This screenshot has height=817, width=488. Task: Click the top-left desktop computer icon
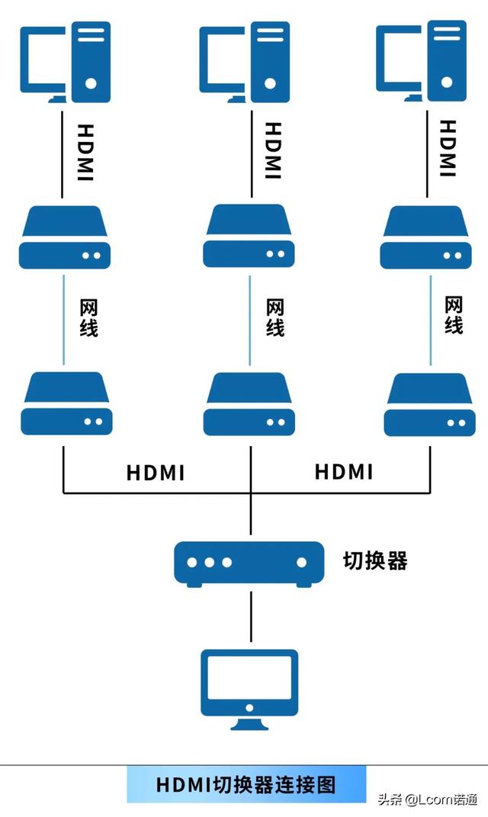pos(66,63)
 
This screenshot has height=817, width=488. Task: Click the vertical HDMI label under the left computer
pos(85,153)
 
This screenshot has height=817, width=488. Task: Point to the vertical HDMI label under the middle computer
pos(272,151)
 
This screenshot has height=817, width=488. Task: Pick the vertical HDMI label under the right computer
pos(449,148)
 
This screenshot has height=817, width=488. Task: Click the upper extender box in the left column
pos(66,237)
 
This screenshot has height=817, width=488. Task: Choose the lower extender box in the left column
pos(66,403)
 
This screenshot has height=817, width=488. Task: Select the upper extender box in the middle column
pos(249,236)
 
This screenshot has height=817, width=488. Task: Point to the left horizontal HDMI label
pos(156,473)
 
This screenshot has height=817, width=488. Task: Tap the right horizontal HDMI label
pos(344,472)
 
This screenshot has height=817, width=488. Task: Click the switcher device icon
pos(249,564)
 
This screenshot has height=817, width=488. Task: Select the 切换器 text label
pos(375,561)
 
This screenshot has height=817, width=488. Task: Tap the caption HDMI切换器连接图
pos(246,785)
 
